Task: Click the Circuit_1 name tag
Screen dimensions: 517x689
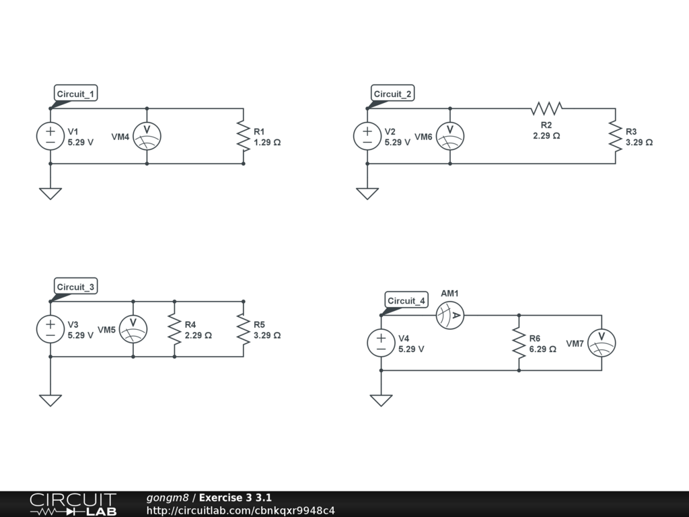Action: click(x=76, y=94)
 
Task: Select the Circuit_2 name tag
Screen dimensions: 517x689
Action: click(x=393, y=94)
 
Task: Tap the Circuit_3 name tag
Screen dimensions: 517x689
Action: click(x=76, y=287)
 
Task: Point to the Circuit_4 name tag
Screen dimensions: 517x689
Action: click(x=406, y=300)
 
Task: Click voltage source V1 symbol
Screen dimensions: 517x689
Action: click(x=50, y=136)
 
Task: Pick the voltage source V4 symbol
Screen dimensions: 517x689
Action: click(x=381, y=343)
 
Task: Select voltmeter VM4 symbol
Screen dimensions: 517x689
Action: click(x=147, y=136)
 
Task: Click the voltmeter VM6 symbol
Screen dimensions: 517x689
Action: click(x=450, y=136)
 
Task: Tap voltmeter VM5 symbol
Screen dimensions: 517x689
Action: click(x=133, y=329)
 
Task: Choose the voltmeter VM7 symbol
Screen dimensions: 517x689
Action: click(x=602, y=343)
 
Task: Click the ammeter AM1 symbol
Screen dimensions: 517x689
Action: click(x=450, y=315)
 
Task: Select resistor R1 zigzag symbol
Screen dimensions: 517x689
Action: click(x=243, y=136)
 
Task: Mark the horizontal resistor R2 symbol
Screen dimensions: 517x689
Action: click(x=546, y=108)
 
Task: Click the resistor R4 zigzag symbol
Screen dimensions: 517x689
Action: click(x=174, y=329)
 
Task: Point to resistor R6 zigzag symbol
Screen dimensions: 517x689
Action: click(x=519, y=343)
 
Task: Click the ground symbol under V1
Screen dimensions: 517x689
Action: click(x=50, y=193)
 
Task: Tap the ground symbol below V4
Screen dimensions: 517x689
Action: click(x=381, y=400)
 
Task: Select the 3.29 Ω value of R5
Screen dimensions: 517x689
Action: click(x=267, y=335)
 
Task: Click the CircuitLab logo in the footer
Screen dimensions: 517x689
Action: click(x=73, y=504)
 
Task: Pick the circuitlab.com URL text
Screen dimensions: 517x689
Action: click(x=241, y=510)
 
